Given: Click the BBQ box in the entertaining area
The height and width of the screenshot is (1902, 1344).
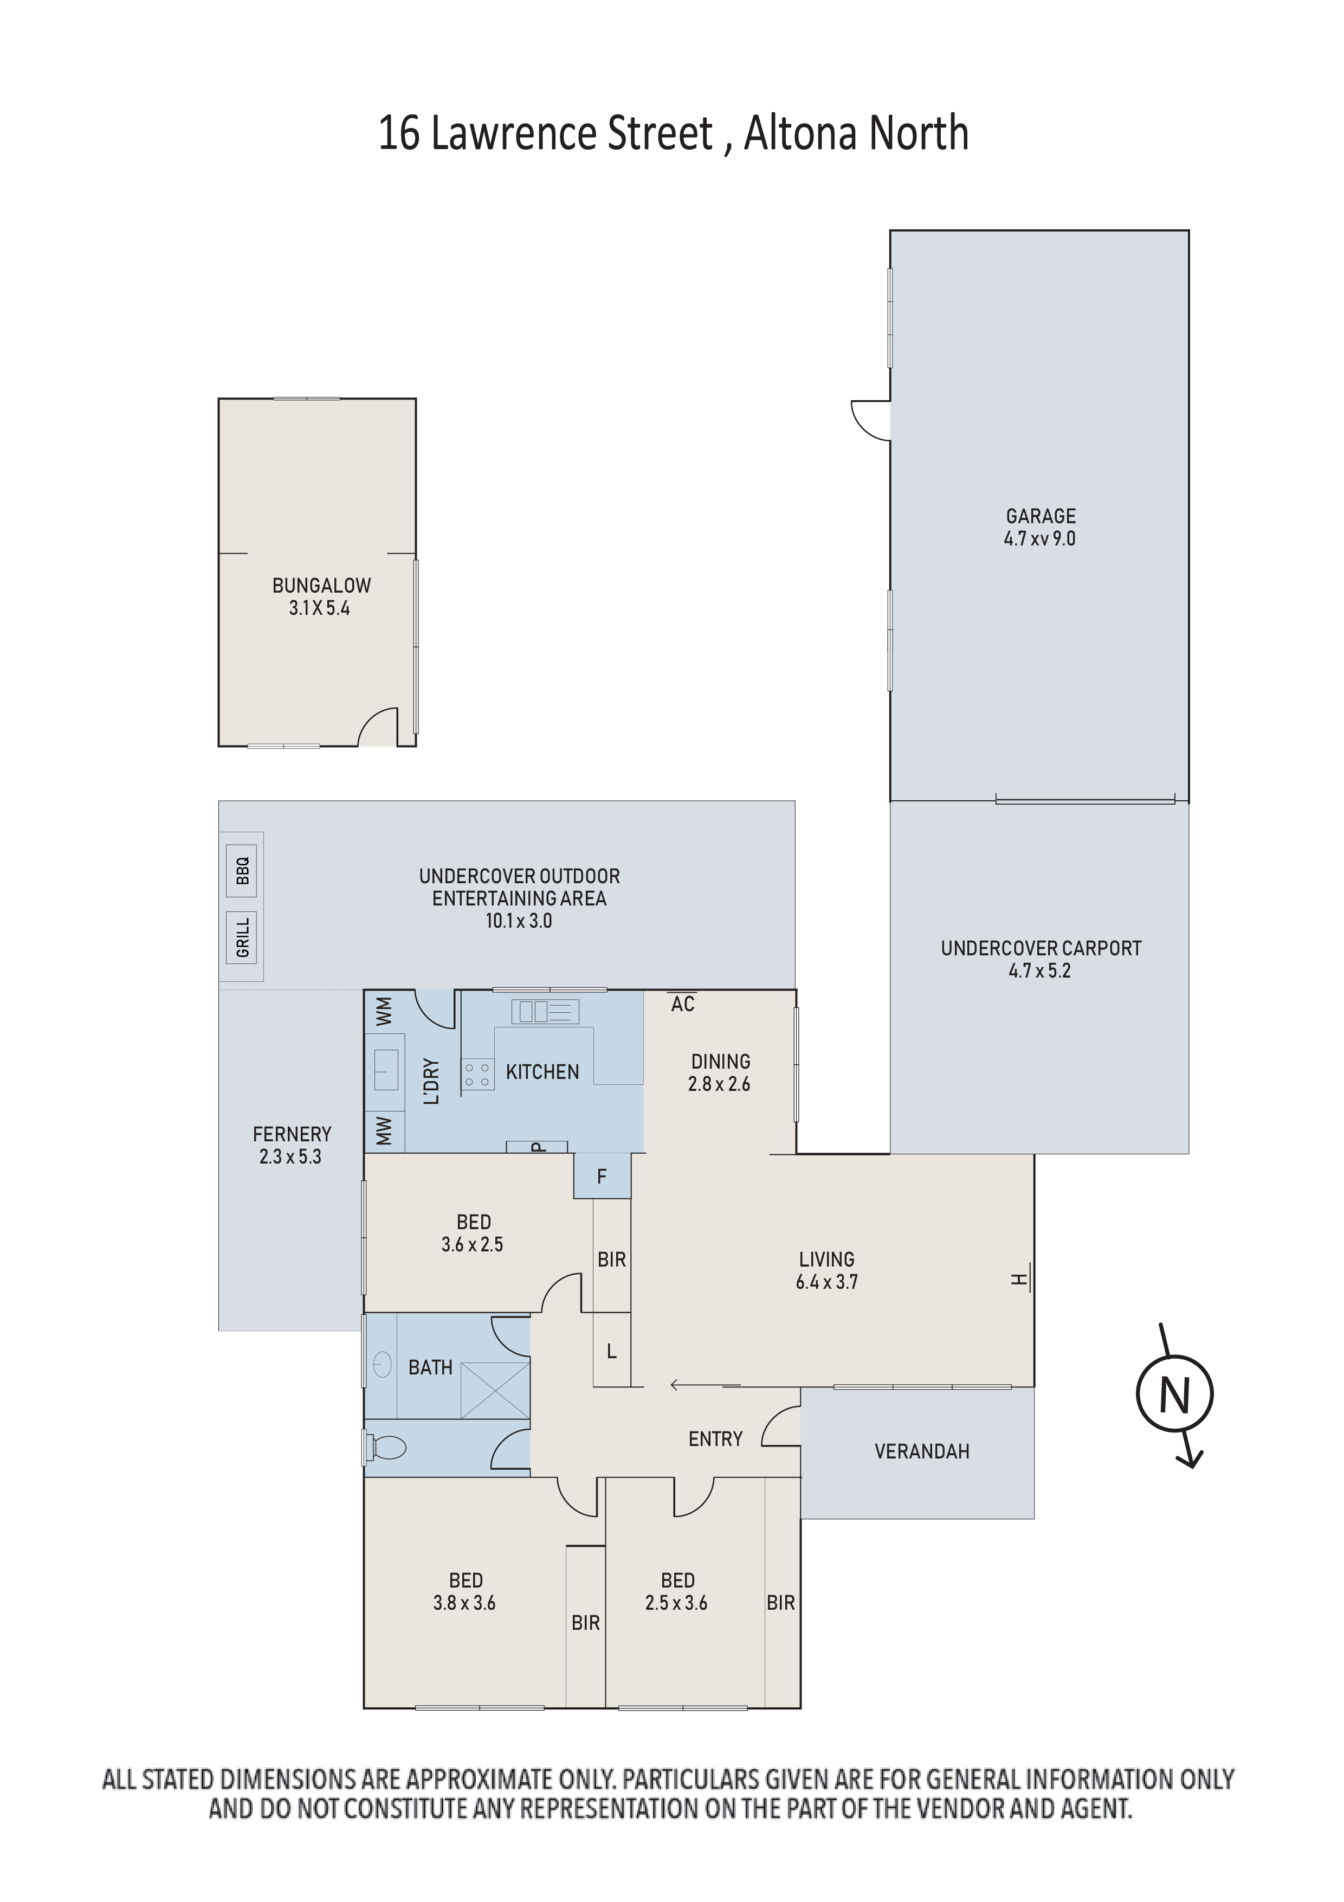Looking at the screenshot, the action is tap(242, 871).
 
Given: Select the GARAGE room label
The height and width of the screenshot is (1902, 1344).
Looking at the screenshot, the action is tap(1041, 516).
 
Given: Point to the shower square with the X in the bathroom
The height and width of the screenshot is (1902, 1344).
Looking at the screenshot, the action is tap(495, 1390).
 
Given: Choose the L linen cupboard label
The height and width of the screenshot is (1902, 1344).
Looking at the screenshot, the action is tap(612, 1352).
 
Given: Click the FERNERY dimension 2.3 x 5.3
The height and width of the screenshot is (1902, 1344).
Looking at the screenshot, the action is tap(290, 1156).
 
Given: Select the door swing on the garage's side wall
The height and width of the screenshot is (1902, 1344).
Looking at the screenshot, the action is tap(870, 420).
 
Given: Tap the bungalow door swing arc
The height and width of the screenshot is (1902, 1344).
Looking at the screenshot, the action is tap(378, 727).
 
